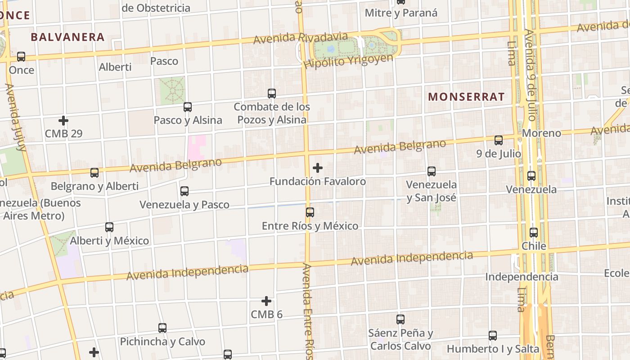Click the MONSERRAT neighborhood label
[466, 96]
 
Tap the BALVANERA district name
[68, 37]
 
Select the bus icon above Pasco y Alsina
[188, 107]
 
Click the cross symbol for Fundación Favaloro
[318, 168]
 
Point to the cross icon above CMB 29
[63, 121]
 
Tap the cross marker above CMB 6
[266, 301]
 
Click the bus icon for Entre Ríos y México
[310, 212]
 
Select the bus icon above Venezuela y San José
[432, 171]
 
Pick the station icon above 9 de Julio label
[499, 140]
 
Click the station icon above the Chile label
[534, 233]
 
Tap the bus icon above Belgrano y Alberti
[94, 172]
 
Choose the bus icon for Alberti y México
[109, 227]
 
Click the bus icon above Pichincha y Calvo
[162, 328]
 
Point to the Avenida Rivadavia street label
[301, 38]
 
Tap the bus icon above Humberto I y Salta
[493, 335]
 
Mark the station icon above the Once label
[21, 57]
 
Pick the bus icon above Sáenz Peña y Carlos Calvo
[400, 319]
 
